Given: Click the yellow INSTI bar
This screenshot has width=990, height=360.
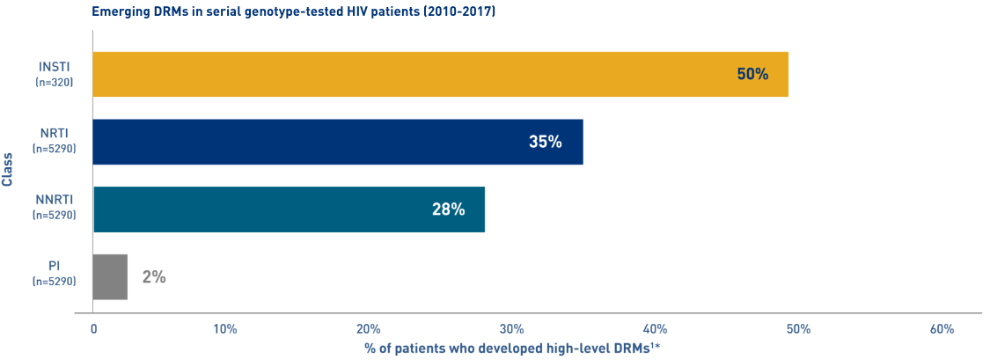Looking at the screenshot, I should pyautogui.click(x=440, y=74).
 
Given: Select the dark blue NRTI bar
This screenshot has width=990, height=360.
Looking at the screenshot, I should pyautogui.click(x=337, y=142).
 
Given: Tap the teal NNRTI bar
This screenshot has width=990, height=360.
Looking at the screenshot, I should pyautogui.click(x=289, y=209).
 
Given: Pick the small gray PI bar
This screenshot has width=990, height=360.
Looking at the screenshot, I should pyautogui.click(x=110, y=276).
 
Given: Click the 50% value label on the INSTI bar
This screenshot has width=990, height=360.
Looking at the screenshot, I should pyautogui.click(x=752, y=74).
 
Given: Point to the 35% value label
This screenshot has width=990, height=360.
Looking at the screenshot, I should pyautogui.click(x=546, y=142).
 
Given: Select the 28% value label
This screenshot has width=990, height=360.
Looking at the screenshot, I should pyautogui.click(x=448, y=209).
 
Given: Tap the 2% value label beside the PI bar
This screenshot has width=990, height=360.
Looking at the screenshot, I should pyautogui.click(x=154, y=276).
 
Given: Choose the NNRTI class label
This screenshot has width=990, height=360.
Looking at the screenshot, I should pyautogui.click(x=54, y=201).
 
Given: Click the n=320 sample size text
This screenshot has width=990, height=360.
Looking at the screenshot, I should pyautogui.click(x=54, y=82).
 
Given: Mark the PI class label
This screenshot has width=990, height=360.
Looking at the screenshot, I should pyautogui.click(x=54, y=268).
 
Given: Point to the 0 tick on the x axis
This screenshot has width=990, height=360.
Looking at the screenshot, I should pyautogui.click(x=94, y=329).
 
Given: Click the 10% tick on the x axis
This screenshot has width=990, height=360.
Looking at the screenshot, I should pyautogui.click(x=225, y=329).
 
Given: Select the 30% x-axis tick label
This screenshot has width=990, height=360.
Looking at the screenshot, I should pyautogui.click(x=510, y=329).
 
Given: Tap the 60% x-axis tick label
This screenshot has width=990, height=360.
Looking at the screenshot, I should pyautogui.click(x=942, y=329).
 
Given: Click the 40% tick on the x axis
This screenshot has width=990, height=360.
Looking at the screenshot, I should pyautogui.click(x=654, y=329).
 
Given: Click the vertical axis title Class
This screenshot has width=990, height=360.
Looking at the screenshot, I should pyautogui.click(x=8, y=168).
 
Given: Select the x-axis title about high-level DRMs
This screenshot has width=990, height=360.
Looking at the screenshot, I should pyautogui.click(x=512, y=349).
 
